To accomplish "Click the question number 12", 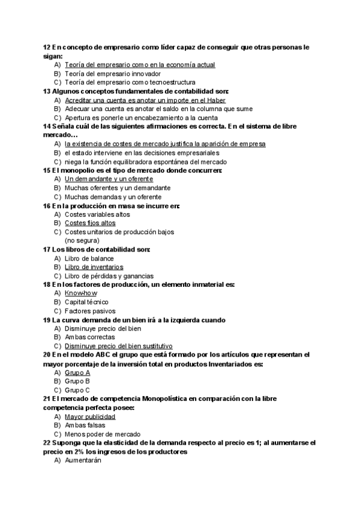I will [x=47, y=47].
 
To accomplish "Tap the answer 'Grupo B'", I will [x=77, y=381].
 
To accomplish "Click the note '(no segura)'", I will [x=83, y=240].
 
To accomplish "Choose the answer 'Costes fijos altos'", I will [x=90, y=223].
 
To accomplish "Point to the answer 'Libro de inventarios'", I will [x=94, y=267].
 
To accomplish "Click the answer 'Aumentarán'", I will [x=83, y=460].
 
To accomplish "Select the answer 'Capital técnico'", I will [x=86, y=302].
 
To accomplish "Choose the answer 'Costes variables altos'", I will [x=97, y=214].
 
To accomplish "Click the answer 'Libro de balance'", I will [x=89, y=258].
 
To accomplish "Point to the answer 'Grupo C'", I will [x=77, y=390].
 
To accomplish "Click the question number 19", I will [x=47, y=320].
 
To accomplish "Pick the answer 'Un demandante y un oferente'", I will [x=109, y=179].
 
